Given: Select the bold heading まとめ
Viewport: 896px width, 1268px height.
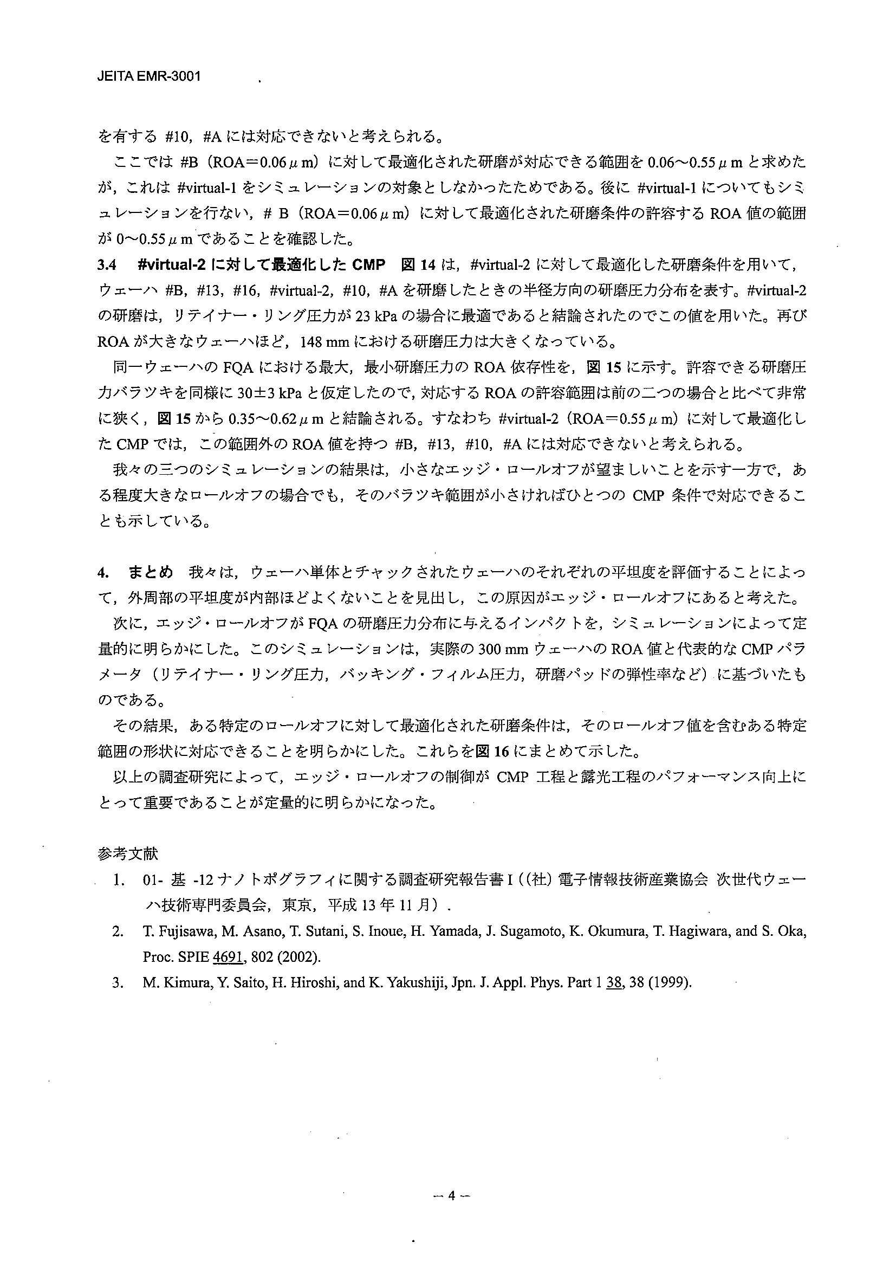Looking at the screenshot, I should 151,572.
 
